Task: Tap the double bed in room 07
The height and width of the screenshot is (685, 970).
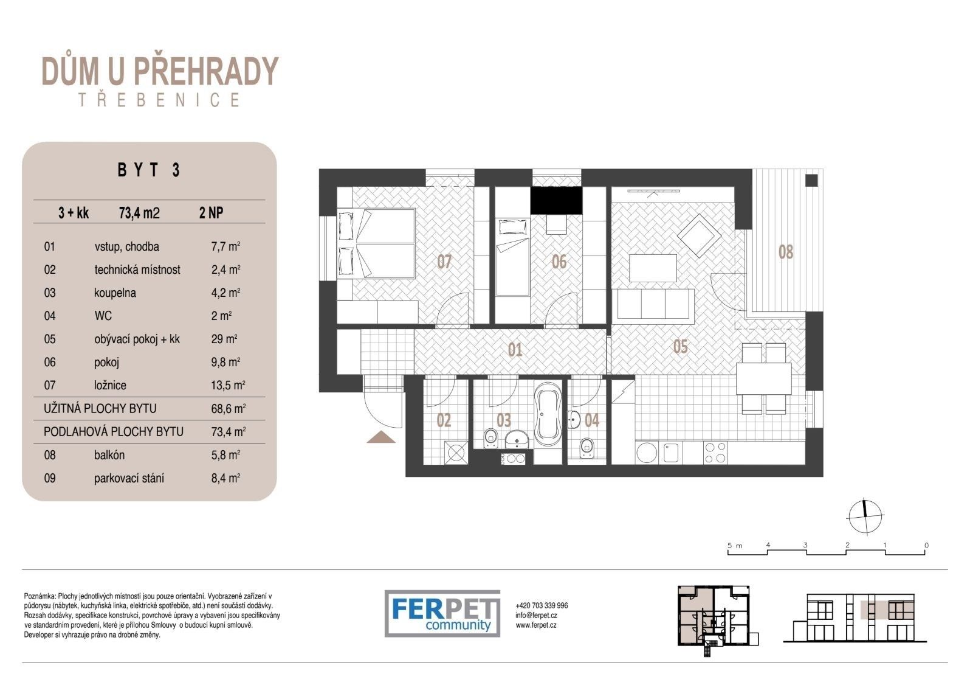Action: (376, 244)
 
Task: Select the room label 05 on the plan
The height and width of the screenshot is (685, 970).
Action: (680, 347)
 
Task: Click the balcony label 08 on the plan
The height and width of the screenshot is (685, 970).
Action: (786, 252)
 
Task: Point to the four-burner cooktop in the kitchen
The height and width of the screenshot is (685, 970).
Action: (715, 451)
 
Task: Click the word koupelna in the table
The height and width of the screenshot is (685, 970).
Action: (115, 293)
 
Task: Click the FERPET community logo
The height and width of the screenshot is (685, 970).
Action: (442, 613)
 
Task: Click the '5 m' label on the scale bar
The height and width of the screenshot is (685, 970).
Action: (735, 546)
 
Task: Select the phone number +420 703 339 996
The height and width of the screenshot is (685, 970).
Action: (542, 605)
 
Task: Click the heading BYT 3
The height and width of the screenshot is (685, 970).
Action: (149, 170)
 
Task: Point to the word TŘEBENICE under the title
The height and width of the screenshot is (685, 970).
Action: (159, 100)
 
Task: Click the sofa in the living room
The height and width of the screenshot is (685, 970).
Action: (656, 304)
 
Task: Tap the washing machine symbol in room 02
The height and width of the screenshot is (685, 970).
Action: (455, 454)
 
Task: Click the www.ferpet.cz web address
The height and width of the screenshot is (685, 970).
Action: (535, 625)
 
